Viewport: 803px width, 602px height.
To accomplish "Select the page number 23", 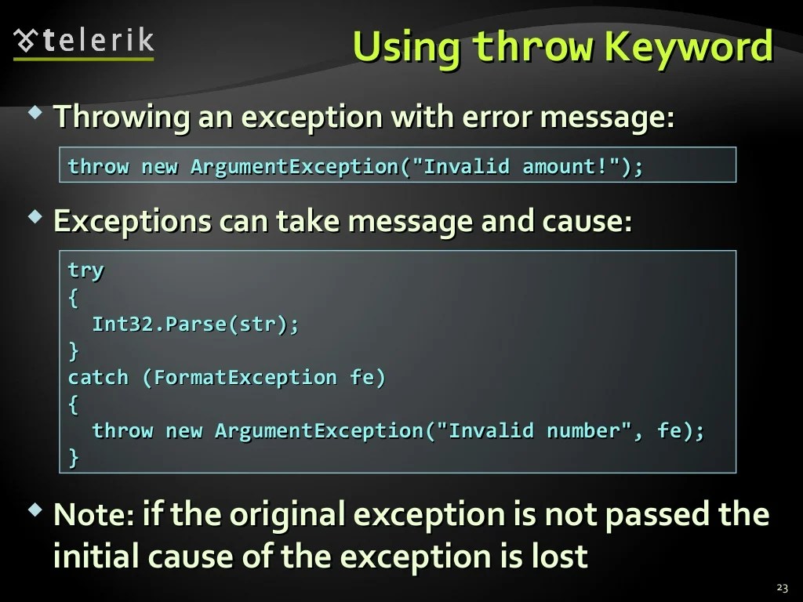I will pos(781,588).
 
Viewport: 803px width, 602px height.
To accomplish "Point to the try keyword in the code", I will pos(85,270).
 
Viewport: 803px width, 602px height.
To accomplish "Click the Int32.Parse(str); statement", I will pos(195,324).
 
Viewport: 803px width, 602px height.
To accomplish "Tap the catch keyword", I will pos(98,377).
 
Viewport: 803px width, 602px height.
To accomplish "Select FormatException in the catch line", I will pos(245,377).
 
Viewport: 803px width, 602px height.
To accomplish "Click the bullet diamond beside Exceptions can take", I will pos(35,217).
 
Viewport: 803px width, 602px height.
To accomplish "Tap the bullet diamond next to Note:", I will pos(35,510).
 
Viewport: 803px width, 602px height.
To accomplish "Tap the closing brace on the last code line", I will pos(74,457).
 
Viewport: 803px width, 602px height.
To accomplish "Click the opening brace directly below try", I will pos(74,297).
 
